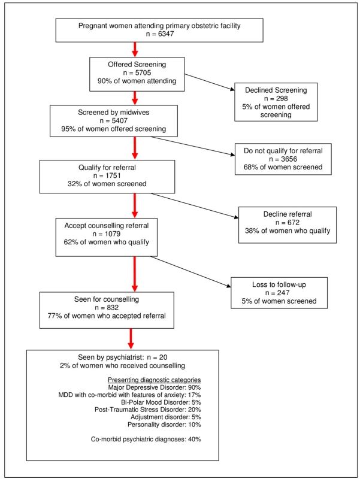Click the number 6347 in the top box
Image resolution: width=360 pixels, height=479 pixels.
(166, 34)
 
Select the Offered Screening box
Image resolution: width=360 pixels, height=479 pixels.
(137, 74)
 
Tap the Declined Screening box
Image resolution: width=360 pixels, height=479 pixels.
(276, 102)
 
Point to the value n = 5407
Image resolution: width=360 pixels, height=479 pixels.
(114, 121)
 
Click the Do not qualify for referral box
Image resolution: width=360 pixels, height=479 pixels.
(283, 159)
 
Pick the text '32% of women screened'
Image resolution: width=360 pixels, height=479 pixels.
(107, 184)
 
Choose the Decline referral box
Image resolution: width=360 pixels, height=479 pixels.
(288, 225)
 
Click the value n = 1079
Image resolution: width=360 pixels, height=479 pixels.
(107, 234)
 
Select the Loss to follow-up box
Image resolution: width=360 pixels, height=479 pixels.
(279, 293)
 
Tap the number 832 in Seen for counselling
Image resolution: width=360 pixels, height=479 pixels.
(113, 308)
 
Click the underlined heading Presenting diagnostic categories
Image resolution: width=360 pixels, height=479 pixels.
(155, 380)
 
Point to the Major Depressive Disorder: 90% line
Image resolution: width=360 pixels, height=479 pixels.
(155, 387)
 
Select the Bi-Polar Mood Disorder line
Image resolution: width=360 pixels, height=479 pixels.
(161, 402)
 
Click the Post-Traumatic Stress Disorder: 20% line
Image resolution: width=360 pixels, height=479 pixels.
(148, 410)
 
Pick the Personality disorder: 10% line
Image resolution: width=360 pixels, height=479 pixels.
(164, 425)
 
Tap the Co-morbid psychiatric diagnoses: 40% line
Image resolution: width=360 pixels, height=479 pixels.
(146, 439)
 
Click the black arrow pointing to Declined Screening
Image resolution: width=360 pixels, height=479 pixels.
(210, 82)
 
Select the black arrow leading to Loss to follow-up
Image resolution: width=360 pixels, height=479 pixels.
(191, 272)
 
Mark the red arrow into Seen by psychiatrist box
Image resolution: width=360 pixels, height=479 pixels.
(131, 339)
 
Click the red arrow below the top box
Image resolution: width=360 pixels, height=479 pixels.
(135, 50)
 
